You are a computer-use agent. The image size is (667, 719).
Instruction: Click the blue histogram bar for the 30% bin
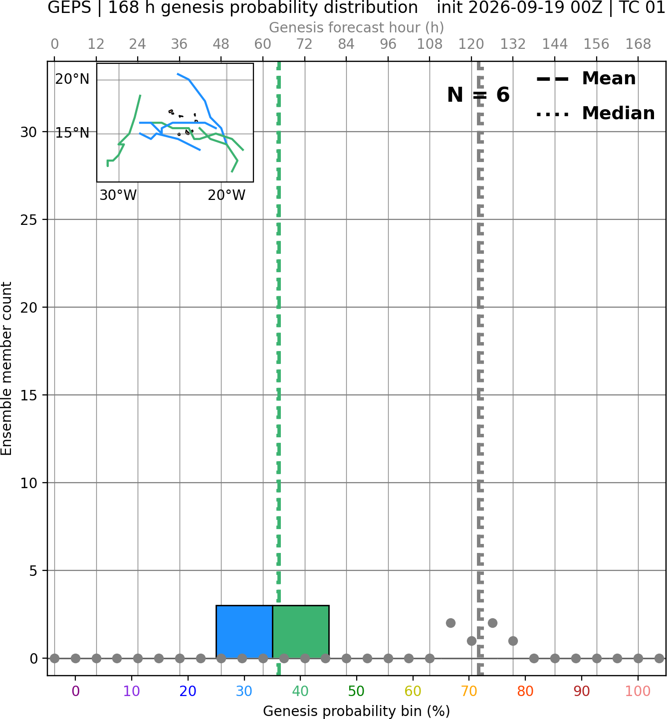(244, 632)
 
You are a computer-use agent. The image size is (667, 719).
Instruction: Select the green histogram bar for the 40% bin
(301, 632)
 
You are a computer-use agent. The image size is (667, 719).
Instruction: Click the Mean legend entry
(586, 79)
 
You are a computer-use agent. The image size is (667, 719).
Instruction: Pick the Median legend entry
(595, 113)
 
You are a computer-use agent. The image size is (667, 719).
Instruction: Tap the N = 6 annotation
(478, 95)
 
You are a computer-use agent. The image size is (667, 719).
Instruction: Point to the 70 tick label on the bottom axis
(469, 692)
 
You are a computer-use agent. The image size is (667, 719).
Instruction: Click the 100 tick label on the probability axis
(638, 692)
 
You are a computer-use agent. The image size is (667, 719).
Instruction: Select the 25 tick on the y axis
(28, 220)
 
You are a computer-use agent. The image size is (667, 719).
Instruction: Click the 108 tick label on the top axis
(430, 44)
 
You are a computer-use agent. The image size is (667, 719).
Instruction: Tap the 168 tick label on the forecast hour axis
(639, 44)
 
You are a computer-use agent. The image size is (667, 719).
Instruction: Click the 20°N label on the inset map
(72, 79)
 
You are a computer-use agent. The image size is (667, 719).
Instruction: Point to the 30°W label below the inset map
(118, 195)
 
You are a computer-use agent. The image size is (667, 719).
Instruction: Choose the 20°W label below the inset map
(226, 195)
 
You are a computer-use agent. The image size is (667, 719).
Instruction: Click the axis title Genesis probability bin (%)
(357, 711)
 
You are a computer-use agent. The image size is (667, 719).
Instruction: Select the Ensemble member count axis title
(6, 368)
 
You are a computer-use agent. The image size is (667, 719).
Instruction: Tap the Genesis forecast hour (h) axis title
(357, 27)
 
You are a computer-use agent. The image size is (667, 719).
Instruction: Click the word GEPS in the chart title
(69, 7)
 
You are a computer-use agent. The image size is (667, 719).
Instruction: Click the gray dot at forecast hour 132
(513, 641)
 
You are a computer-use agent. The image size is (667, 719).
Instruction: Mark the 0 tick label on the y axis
(34, 659)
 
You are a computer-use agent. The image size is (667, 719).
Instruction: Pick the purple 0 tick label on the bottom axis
(75, 692)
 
